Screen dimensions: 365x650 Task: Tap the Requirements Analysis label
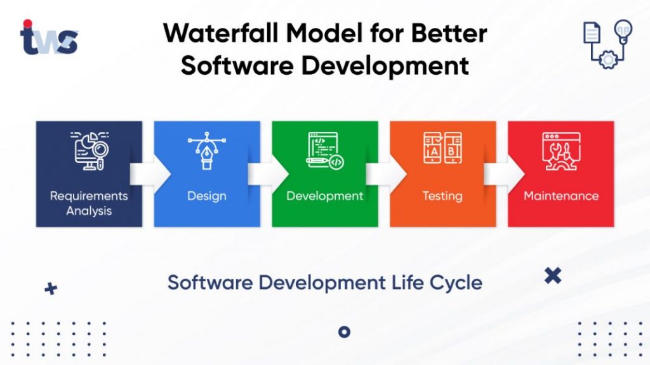click(89, 203)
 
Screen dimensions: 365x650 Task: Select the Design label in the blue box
click(206, 196)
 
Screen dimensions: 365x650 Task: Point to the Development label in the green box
click(324, 196)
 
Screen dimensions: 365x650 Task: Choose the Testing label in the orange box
click(442, 196)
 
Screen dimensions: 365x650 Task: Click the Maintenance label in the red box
click(560, 196)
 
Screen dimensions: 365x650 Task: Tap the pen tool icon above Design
click(206, 152)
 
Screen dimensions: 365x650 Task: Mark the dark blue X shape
click(553, 275)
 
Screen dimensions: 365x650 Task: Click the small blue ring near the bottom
click(344, 331)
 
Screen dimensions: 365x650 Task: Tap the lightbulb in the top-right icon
click(623, 30)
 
